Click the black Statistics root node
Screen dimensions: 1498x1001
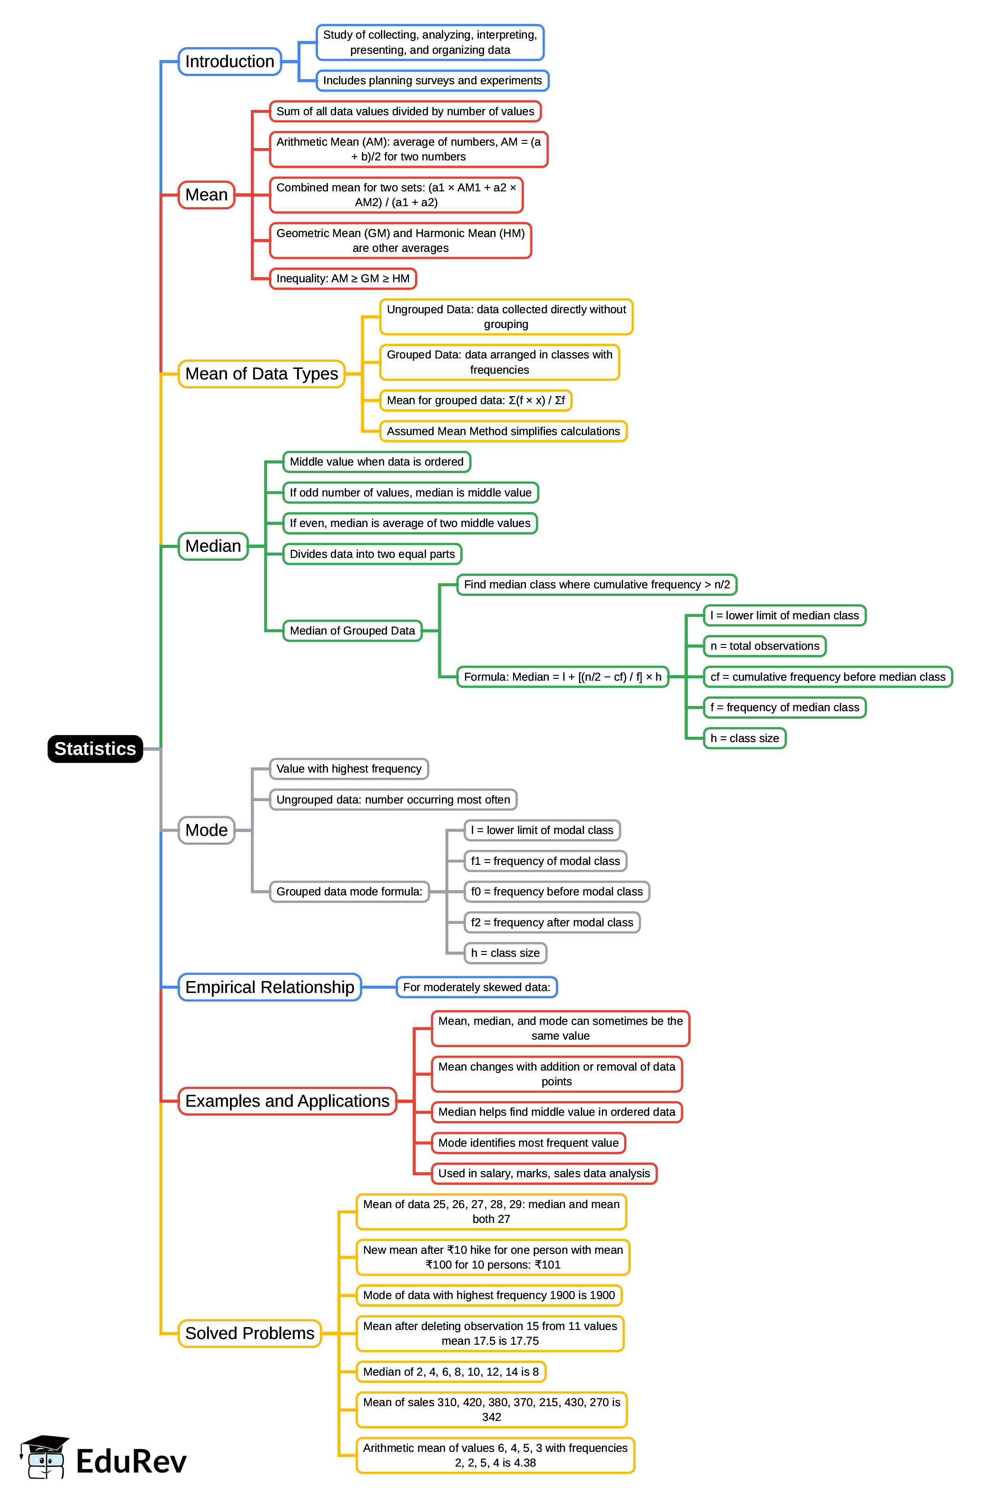click(95, 749)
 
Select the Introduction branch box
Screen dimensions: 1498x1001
click(229, 61)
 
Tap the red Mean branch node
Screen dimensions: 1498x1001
click(206, 195)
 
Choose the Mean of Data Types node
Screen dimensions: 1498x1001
click(261, 373)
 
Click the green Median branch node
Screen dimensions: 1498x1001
click(213, 546)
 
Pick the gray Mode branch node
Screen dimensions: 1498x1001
click(206, 830)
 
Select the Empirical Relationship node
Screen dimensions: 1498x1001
click(269, 987)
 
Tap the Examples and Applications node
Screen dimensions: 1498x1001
click(287, 1101)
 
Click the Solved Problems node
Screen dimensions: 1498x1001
click(249, 1333)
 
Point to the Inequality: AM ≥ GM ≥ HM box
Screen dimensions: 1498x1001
click(343, 278)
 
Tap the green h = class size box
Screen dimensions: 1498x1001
click(744, 738)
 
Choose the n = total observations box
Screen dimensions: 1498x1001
click(764, 646)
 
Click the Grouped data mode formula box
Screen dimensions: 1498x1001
click(349, 891)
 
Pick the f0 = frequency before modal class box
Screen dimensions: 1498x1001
click(557, 891)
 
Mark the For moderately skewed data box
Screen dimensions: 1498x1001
click(476, 987)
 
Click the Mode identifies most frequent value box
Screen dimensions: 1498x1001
click(528, 1142)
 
